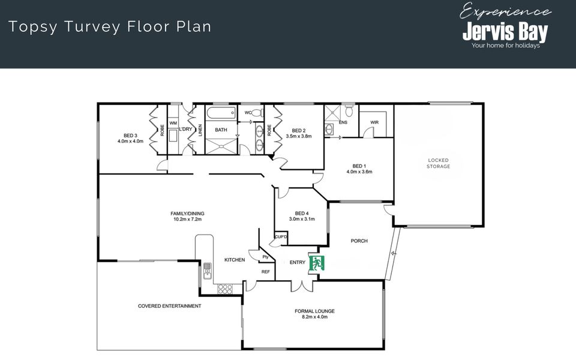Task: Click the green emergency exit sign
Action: pos(317,263)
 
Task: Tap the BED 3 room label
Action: pos(130,136)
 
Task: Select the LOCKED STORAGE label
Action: pos(438,163)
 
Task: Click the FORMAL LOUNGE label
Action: pos(314,311)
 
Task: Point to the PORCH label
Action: pos(359,241)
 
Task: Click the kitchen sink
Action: pos(207,271)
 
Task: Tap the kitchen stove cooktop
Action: pos(225,289)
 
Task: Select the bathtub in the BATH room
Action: pos(221,113)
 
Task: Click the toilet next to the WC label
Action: pos(258,112)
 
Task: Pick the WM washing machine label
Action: pos(173,123)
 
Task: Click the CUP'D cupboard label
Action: pos(281,237)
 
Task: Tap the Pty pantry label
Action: pos(265,257)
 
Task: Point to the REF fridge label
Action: pos(266,272)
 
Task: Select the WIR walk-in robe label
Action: pos(374,122)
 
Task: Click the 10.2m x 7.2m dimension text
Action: pos(187,220)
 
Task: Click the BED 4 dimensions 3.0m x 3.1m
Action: pos(302,219)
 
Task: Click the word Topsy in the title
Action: pos(33,27)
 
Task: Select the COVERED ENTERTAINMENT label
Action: pos(169,306)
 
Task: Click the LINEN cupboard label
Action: pos(200,130)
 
